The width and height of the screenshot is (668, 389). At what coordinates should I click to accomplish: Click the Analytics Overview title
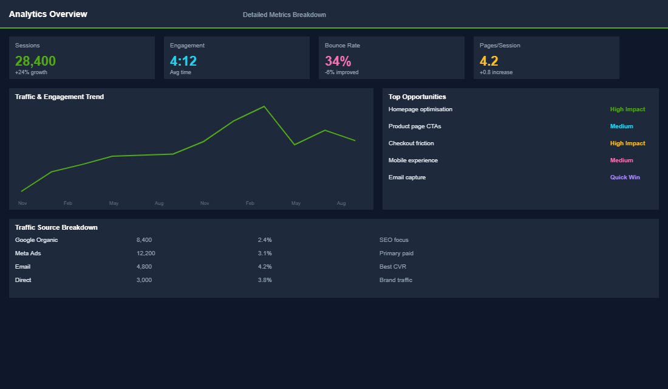point(48,14)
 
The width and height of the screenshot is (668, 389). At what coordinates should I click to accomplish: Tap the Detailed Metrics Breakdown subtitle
point(284,15)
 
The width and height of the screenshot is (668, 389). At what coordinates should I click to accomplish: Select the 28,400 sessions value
point(35,61)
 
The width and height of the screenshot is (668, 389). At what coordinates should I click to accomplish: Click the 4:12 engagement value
point(183,61)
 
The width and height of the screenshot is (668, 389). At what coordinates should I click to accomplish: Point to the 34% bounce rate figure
point(338,61)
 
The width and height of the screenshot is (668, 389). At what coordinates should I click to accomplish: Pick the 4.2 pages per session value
point(489,61)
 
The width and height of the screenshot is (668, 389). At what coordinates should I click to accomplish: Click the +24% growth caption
point(31,72)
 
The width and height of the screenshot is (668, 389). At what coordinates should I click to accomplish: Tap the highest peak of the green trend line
point(264,106)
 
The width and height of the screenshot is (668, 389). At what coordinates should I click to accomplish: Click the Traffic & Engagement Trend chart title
point(60,97)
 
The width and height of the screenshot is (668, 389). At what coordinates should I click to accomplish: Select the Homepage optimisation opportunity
point(420,109)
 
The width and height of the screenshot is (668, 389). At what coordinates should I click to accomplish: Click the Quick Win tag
point(625,177)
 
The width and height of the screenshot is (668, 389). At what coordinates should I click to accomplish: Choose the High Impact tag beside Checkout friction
point(627,143)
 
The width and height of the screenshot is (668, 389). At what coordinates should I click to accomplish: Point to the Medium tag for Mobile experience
point(621,160)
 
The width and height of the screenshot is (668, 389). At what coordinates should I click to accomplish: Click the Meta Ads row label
point(28,253)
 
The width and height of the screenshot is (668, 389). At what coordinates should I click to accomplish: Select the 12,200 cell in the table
point(146,253)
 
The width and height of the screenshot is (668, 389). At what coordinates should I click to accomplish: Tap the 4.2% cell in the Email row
point(265,267)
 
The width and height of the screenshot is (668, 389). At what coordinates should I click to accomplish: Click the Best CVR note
point(392,267)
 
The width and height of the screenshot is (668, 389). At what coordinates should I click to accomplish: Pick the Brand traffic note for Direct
point(395,280)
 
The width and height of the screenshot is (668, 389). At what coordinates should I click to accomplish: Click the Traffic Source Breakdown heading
point(56,227)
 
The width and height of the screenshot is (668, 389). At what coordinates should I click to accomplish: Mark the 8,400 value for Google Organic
point(144,240)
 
